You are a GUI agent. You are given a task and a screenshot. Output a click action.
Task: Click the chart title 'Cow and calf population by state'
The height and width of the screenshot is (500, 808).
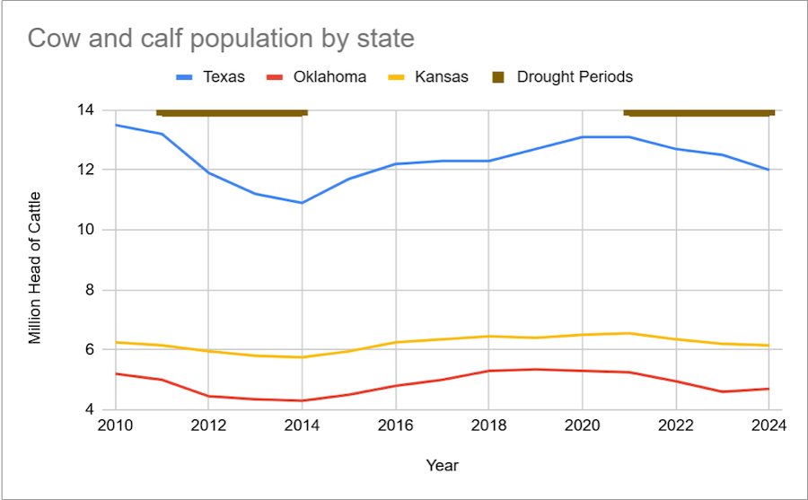221,39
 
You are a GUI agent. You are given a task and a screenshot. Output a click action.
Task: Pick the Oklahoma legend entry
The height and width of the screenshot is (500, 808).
329,77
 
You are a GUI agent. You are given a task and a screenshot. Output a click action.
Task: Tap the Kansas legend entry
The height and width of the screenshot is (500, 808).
441,77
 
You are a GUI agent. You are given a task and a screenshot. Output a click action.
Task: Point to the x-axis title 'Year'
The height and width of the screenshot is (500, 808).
442,465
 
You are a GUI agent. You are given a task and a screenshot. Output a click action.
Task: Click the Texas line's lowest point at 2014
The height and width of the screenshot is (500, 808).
302,203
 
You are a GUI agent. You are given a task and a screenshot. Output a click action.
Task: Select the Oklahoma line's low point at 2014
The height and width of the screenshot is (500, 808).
302,400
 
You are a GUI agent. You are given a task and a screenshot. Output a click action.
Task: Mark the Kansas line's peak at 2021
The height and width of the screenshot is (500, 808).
628,333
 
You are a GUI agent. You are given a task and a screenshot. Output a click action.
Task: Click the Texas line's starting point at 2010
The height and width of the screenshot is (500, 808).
115,125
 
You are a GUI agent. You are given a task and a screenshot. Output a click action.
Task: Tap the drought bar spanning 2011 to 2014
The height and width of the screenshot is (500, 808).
232,112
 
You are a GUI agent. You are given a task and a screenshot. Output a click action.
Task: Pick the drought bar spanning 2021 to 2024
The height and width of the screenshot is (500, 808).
698,112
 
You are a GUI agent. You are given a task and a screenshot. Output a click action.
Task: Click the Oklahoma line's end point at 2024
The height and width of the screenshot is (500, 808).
768,389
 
